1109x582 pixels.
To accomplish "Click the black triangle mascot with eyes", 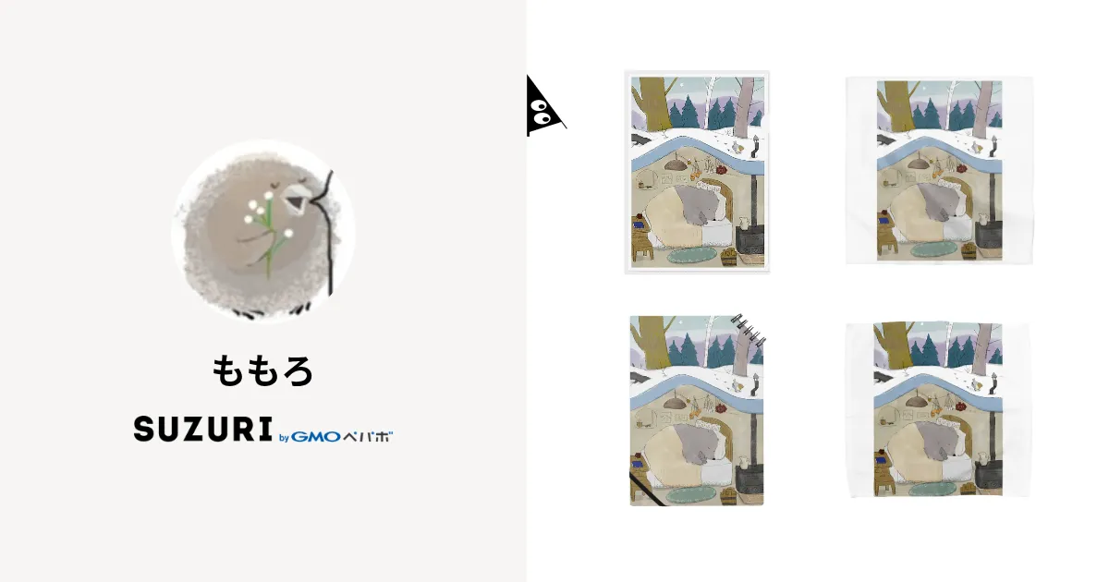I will click(x=542, y=108).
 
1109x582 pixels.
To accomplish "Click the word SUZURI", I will click(x=203, y=429).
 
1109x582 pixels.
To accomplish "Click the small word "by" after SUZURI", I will click(x=284, y=437).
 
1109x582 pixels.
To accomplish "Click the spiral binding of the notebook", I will click(x=748, y=330).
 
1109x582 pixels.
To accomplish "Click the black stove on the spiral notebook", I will click(x=749, y=480).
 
